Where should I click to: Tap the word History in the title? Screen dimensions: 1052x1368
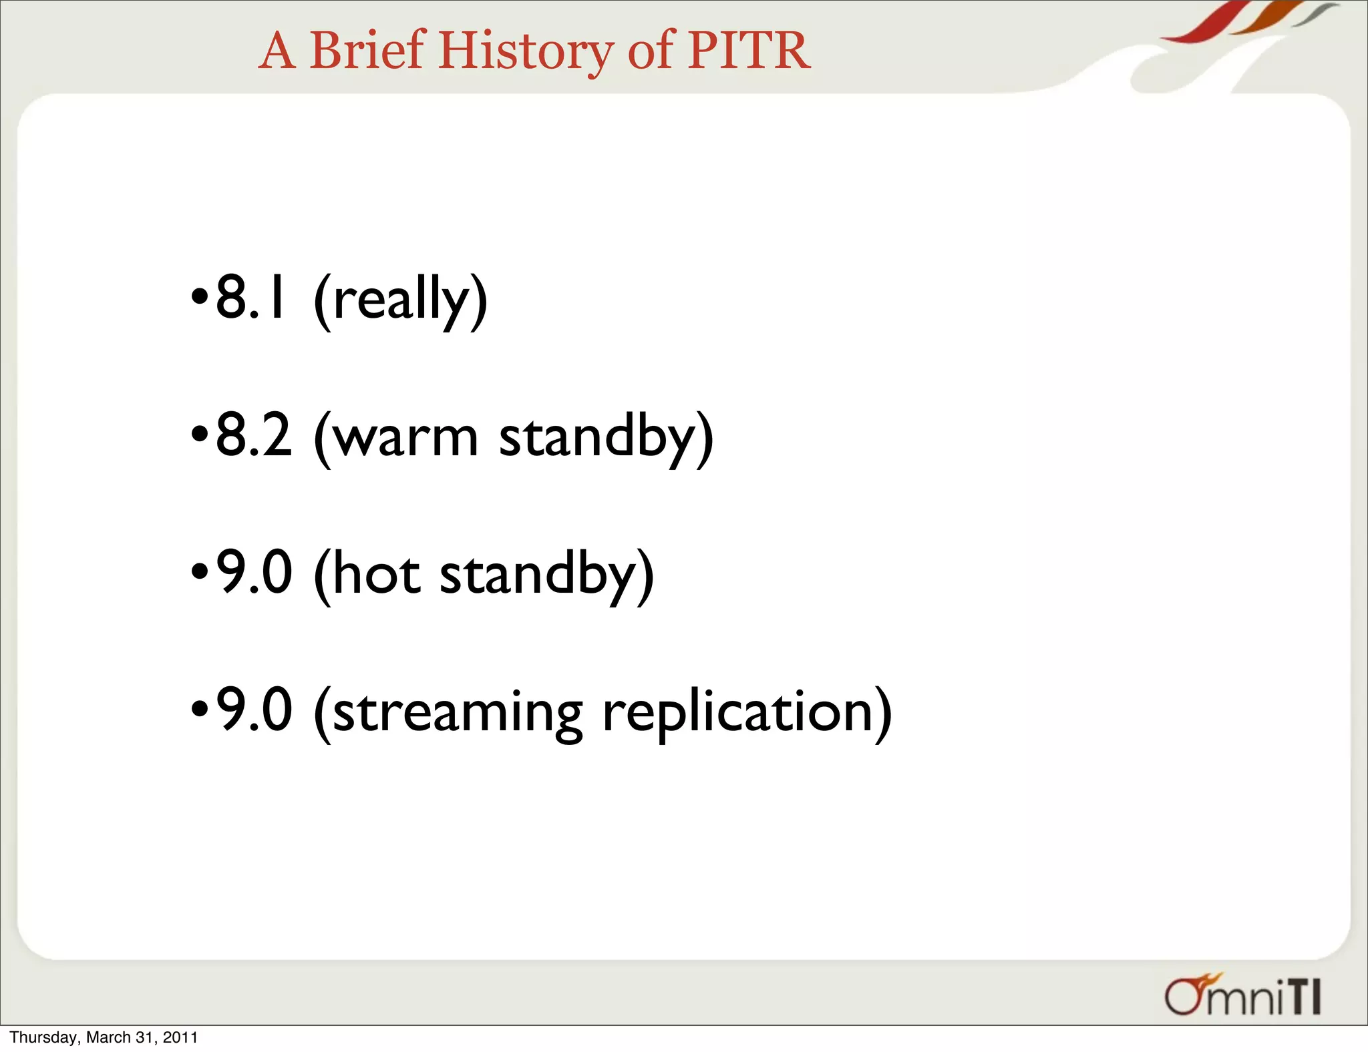pos(525,51)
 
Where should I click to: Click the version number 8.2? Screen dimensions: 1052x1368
pos(254,435)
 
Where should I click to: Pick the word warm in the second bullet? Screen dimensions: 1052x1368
pos(405,438)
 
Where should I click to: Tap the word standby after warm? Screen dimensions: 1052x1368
pos(598,438)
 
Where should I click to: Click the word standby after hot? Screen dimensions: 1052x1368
pos(538,574)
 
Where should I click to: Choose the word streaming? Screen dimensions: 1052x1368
pos(458,713)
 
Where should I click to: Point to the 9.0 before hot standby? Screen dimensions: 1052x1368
pos(254,573)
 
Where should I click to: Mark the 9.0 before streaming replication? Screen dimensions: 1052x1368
pos(254,710)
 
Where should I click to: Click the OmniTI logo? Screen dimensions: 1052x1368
pos(1242,997)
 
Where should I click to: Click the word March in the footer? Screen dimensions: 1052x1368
pos(108,1037)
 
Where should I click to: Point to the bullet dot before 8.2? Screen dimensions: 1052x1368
pos(199,435)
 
